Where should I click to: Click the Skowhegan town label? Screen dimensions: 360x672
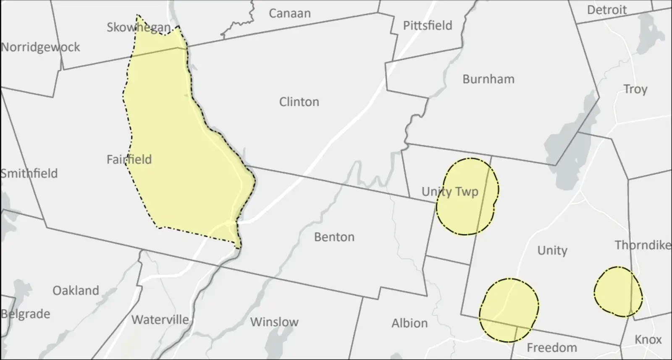coord(139,28)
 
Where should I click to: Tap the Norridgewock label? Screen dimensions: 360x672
coord(40,47)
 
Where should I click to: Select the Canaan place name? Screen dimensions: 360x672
coord(289,13)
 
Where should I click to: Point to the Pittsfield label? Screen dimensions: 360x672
coord(428,26)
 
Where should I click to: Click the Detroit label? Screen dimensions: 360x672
coord(606,10)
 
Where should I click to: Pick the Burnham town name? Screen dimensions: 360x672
coord(488,79)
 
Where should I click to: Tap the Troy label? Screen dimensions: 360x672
coord(635,89)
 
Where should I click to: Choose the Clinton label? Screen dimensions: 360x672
coord(299,102)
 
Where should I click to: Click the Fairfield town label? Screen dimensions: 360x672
coord(129,160)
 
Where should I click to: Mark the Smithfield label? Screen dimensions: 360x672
coord(29,173)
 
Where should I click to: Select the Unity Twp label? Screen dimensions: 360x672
coord(450,192)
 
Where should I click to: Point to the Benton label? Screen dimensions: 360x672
coord(334,237)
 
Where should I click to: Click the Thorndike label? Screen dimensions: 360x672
coord(643,245)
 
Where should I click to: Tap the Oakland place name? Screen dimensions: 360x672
coord(76,291)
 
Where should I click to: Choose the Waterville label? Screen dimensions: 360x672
coord(160,320)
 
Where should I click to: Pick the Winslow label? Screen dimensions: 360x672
coord(274,322)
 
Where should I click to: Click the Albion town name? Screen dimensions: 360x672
coord(409,323)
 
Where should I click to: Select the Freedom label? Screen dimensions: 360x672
coord(551,348)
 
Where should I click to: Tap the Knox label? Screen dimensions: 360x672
coord(648,339)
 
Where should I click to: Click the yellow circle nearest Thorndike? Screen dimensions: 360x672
coord(618,292)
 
